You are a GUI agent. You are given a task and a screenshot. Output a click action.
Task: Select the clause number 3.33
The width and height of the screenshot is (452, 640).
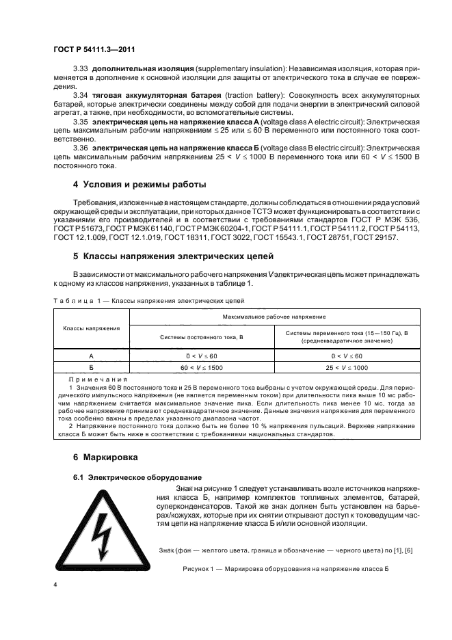coord(81,70)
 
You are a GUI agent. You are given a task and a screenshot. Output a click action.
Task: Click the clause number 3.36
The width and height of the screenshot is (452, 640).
coord(81,147)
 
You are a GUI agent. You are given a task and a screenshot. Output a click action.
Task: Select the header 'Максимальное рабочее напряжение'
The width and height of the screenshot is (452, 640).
coord(274,317)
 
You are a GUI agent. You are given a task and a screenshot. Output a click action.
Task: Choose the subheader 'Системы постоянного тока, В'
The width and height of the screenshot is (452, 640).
coord(202,337)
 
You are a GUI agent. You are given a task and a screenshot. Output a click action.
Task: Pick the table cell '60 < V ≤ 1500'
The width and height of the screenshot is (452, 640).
coord(202,367)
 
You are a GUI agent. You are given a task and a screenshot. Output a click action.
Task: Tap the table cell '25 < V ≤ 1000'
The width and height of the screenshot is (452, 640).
coord(346,367)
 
